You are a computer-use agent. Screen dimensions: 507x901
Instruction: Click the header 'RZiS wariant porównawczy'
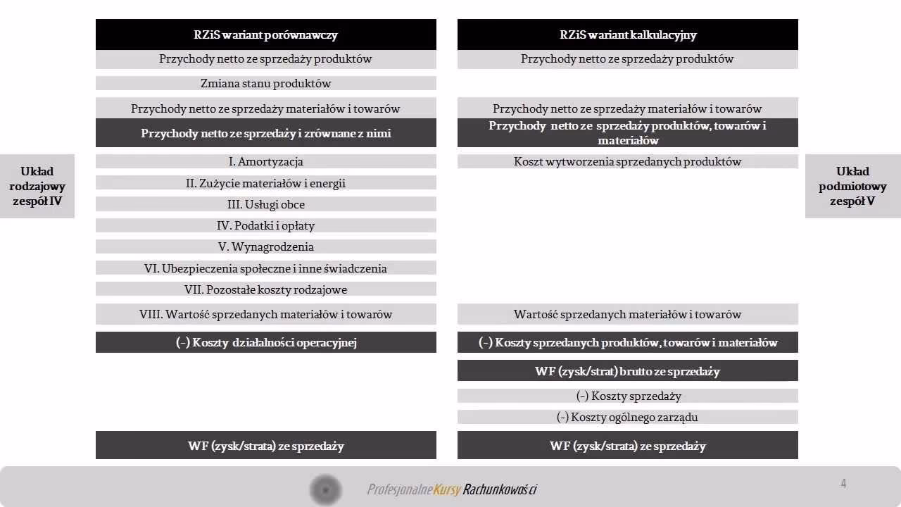coord(265,35)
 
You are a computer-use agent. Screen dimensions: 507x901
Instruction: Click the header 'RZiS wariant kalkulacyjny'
coord(627,35)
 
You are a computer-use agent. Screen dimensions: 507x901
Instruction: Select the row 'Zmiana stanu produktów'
coord(265,83)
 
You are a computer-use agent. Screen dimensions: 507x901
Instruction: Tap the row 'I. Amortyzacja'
coord(265,161)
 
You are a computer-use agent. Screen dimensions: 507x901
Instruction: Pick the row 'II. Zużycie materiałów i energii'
coord(265,183)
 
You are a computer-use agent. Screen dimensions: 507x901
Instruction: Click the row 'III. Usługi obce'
coord(265,204)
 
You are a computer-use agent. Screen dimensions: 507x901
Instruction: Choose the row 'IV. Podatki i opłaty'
coord(265,225)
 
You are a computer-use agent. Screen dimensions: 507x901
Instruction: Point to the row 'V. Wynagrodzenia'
coord(265,246)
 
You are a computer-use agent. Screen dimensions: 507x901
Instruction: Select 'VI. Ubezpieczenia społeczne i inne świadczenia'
coord(265,268)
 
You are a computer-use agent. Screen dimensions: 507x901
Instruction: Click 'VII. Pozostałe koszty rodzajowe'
coord(265,289)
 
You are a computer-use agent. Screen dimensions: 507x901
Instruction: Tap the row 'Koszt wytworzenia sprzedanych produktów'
coord(627,161)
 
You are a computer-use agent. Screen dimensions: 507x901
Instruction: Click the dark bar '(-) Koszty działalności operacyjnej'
coord(265,342)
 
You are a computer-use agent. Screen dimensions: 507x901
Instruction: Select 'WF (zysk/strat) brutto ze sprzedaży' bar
coord(627,371)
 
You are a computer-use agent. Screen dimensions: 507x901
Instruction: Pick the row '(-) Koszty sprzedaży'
coord(627,396)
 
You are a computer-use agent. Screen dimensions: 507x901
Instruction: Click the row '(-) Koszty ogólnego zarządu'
coord(627,417)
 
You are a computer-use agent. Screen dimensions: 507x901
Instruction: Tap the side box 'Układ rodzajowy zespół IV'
coord(37,186)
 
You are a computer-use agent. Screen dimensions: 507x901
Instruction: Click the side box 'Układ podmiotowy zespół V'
coord(852,186)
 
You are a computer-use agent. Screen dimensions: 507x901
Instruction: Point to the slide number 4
coord(843,483)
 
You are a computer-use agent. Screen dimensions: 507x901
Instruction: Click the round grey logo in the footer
coord(325,489)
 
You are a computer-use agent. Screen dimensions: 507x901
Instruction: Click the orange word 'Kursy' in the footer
coord(447,489)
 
